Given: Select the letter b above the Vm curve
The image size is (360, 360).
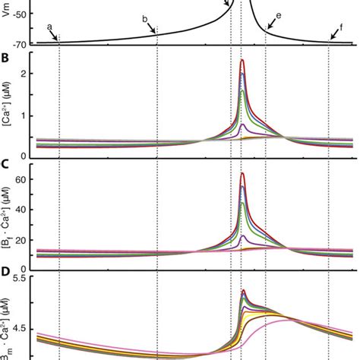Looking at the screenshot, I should coord(145,18).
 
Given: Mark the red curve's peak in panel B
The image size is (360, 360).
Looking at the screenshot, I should coord(242,60).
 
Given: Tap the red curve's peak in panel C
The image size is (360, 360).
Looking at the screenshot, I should coord(242,174).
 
